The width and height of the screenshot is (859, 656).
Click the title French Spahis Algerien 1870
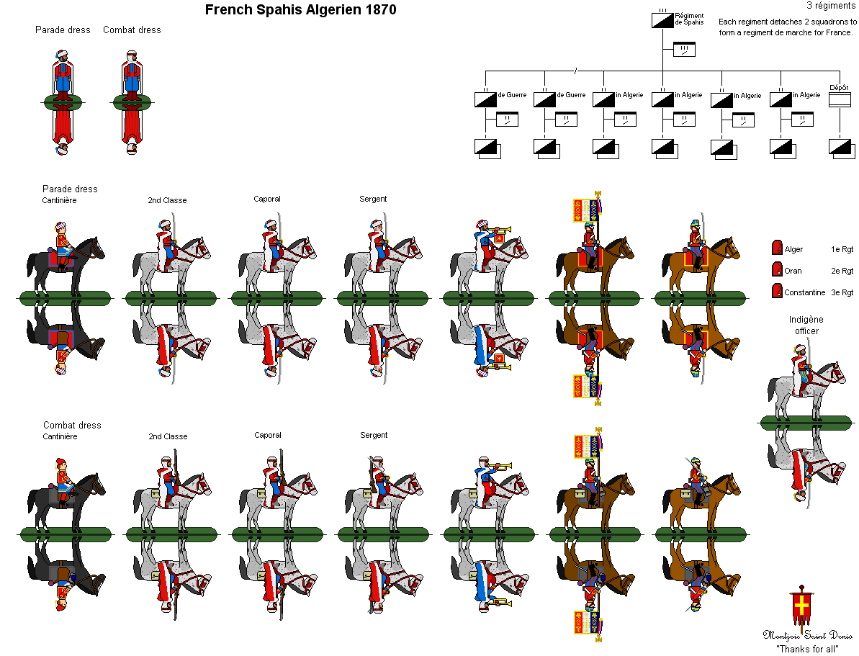(x=300, y=10)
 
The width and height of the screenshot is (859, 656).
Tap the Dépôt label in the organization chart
(x=839, y=87)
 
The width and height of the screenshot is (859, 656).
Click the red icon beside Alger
(x=776, y=248)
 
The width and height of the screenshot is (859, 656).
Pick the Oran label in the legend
(x=793, y=271)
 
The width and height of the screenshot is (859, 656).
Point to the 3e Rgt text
(x=842, y=292)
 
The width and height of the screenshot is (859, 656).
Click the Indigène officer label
(x=806, y=325)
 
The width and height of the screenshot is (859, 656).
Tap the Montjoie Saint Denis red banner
(x=801, y=608)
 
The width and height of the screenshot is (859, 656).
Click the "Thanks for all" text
(x=806, y=648)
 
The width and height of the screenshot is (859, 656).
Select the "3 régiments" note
(x=831, y=6)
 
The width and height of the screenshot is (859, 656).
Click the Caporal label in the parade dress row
(x=267, y=199)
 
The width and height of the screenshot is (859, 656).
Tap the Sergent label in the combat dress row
(x=374, y=435)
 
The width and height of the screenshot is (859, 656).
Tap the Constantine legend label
(x=805, y=292)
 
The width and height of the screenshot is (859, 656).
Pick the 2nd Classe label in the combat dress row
(x=168, y=436)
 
